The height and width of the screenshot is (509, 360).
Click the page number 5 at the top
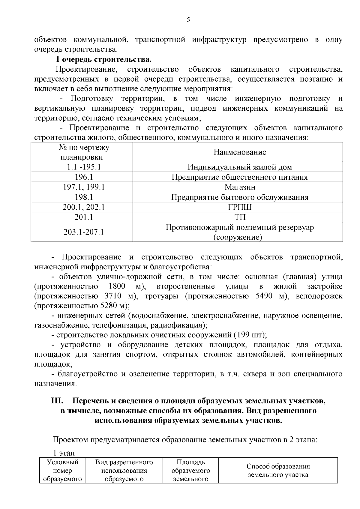188,20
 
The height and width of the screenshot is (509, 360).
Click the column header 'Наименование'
240,152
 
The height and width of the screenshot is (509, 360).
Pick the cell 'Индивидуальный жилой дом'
240,167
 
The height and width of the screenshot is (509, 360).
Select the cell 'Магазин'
240,187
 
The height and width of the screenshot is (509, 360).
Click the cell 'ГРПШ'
240,207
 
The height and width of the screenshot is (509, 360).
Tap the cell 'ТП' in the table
240,217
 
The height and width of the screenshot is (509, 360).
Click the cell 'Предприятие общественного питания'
240,177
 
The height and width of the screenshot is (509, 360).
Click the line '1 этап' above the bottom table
64,452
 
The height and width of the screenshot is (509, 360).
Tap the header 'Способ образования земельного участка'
278,470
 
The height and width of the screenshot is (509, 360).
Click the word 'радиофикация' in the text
175,325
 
